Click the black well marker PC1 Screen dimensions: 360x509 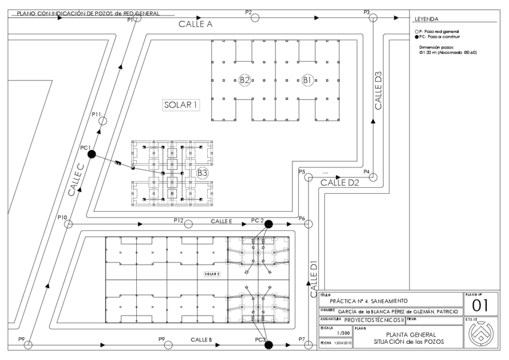pyautogui.click(x=91, y=154)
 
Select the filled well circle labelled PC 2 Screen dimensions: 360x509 pyautogui.click(x=269, y=224)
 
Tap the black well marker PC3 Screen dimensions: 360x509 pyautogui.click(x=269, y=344)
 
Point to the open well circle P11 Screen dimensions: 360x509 pyautogui.click(x=103, y=121)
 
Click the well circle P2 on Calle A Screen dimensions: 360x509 pyautogui.click(x=255, y=17)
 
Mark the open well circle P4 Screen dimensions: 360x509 pyautogui.click(x=373, y=177)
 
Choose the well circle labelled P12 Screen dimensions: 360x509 pyautogui.click(x=188, y=224)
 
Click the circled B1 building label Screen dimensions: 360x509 pyautogui.click(x=307, y=80)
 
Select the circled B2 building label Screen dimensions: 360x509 pyautogui.click(x=245, y=80)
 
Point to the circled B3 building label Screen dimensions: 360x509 pyautogui.click(x=202, y=173)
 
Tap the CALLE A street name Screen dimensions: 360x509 pyautogui.click(x=196, y=25)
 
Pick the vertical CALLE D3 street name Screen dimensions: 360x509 pyautogui.click(x=378, y=90)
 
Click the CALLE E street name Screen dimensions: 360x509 pyautogui.click(x=221, y=221)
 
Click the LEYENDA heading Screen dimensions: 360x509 pyautogui.click(x=426, y=19)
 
